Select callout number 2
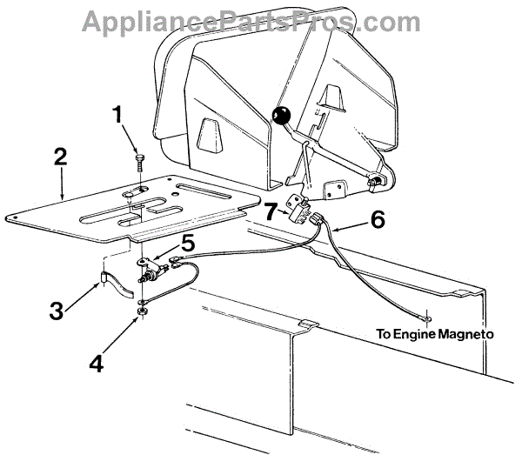click(60, 158)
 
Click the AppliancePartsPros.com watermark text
click(260, 19)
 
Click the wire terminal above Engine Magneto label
click(426, 318)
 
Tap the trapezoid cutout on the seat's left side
click(207, 135)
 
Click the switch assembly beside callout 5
click(153, 275)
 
